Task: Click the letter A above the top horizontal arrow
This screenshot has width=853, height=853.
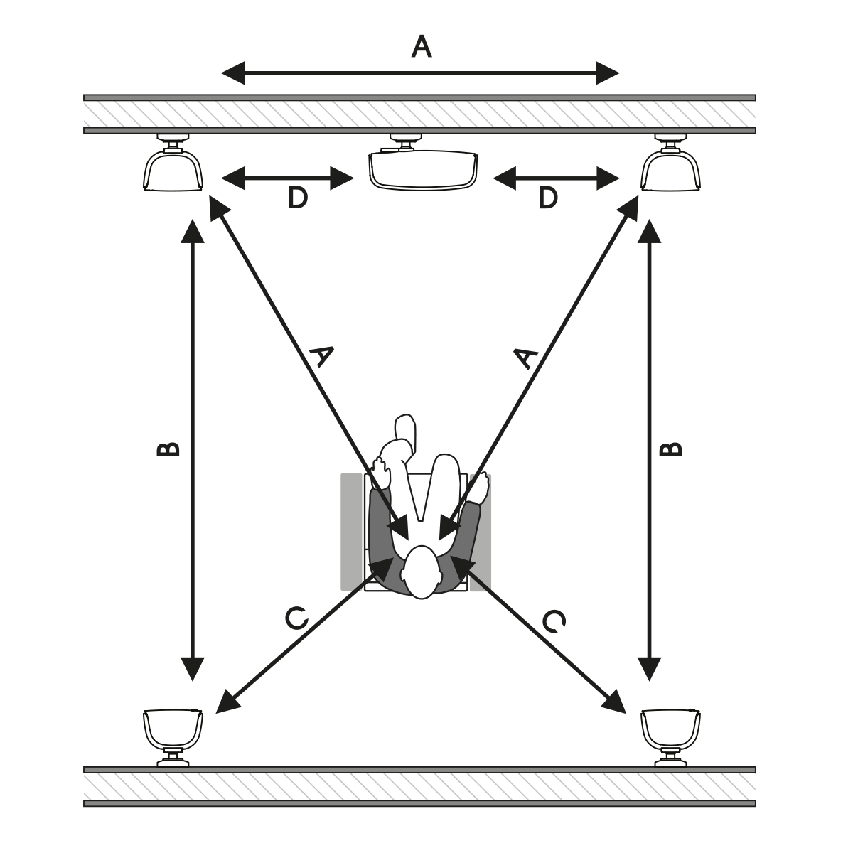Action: [421, 47]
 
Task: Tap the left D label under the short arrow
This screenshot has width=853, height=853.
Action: [297, 198]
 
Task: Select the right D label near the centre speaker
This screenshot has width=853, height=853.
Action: [548, 198]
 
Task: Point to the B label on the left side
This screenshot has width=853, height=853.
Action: [168, 449]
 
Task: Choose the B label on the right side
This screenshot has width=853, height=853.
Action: [671, 449]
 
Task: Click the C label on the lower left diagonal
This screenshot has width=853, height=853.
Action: [296, 618]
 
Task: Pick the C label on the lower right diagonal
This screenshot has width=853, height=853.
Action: [554, 621]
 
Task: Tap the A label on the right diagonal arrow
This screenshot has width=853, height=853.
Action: [526, 358]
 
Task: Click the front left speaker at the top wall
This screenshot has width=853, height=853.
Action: [173, 163]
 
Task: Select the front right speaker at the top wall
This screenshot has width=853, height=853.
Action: [670, 163]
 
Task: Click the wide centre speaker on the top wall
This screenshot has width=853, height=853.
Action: [423, 163]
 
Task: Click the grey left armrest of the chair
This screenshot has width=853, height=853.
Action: [351, 532]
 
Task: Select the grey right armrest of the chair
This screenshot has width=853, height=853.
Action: [481, 532]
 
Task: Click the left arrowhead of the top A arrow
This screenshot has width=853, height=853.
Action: [233, 73]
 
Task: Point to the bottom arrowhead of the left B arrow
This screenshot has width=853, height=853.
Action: [193, 669]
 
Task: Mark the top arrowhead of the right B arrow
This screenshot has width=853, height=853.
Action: [650, 231]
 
